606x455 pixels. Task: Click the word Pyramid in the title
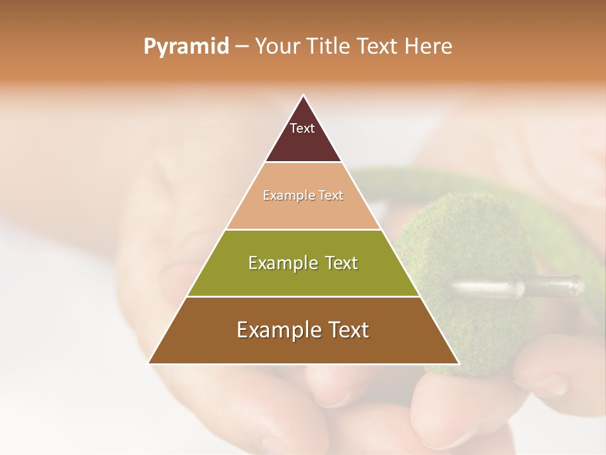click(x=186, y=47)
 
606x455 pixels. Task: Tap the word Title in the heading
click(x=331, y=47)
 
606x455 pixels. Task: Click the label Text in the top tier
click(x=302, y=128)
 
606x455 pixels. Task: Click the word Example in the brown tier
click(x=275, y=330)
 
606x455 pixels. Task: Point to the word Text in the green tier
click(x=341, y=263)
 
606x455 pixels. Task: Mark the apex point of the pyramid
click(x=303, y=95)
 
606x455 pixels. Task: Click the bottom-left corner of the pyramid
click(x=149, y=363)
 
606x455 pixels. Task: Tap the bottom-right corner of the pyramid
click(x=458, y=363)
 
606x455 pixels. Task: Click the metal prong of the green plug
click(x=518, y=287)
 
